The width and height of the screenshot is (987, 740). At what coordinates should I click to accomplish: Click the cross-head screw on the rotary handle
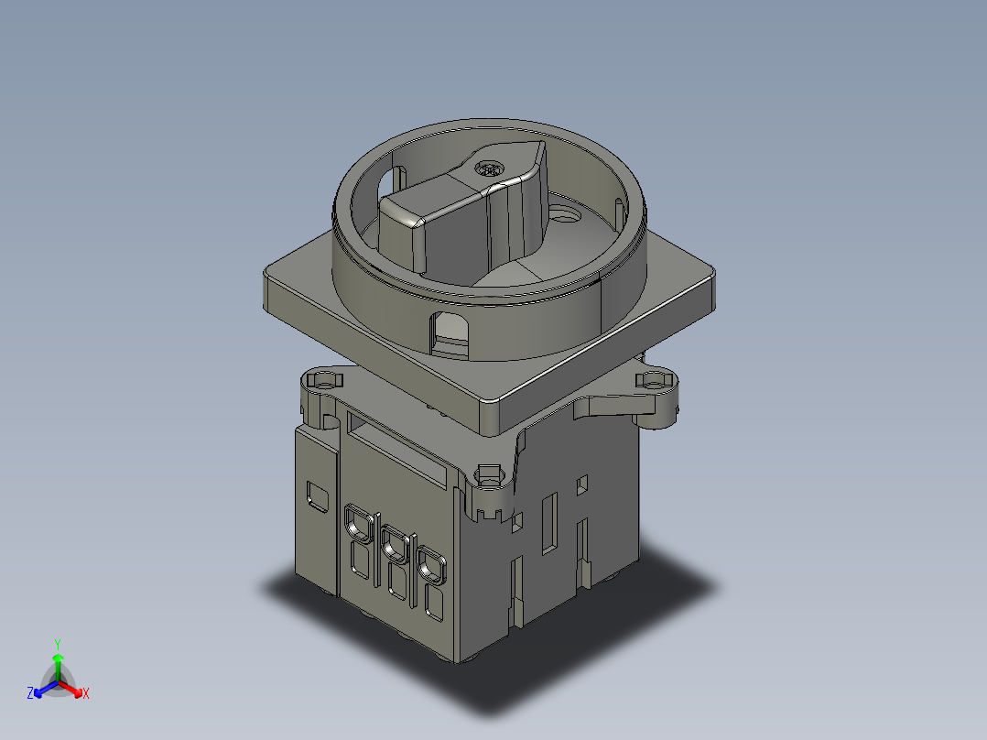coord(490,169)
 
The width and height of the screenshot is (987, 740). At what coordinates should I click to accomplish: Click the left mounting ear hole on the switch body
coord(322,378)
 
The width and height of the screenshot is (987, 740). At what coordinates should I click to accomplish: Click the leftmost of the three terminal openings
coord(355,524)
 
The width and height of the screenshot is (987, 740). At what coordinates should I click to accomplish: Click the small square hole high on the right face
coord(581,482)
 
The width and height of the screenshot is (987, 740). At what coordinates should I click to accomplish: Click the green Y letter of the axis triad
coord(57,643)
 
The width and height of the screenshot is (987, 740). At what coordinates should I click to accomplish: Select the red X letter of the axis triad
coord(85,694)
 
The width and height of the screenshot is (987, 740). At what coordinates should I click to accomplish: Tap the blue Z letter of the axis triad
coord(30,693)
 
